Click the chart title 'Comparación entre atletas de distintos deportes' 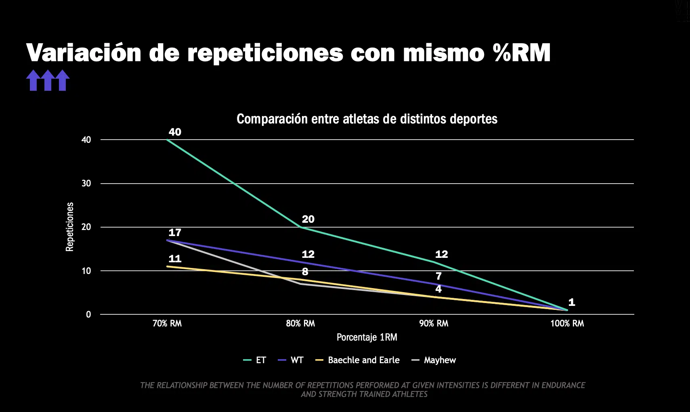(367, 119)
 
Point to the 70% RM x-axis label (167, 323)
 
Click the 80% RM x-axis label (300, 323)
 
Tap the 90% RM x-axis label (434, 323)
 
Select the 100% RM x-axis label (567, 323)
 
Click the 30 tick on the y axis (86, 183)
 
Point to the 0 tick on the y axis (88, 314)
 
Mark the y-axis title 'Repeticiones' (70, 227)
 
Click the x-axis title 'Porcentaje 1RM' (367, 337)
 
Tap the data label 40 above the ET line (175, 132)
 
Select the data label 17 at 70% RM (175, 232)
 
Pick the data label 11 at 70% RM (175, 259)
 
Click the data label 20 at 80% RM (308, 219)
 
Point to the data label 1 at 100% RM (571, 302)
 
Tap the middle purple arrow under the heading (48, 80)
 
